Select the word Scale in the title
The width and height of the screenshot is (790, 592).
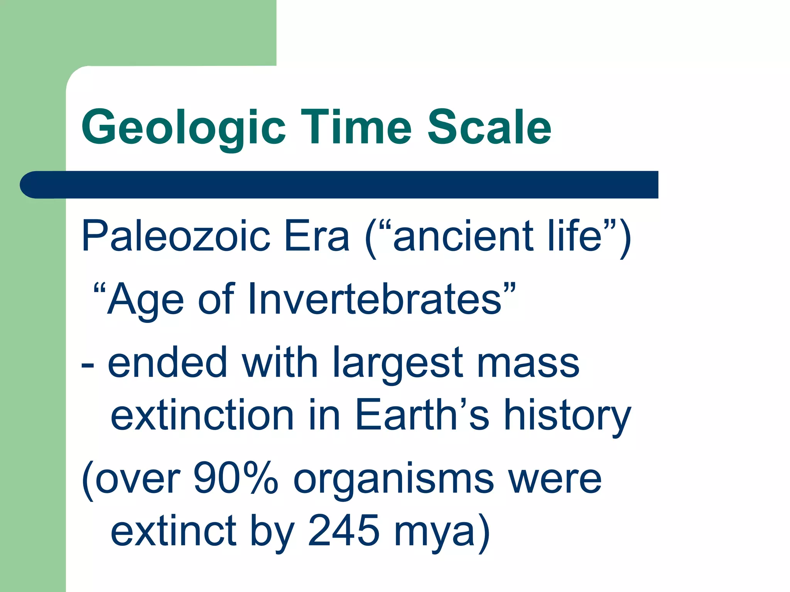489,127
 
